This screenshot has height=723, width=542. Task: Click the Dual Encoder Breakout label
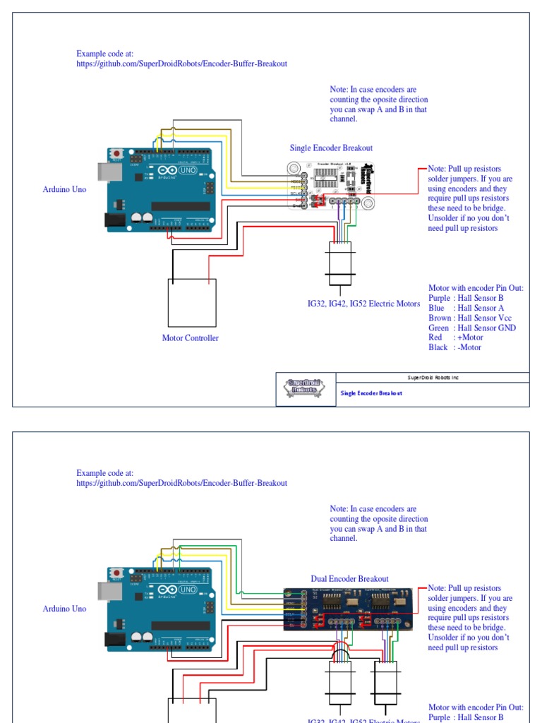coord(349,579)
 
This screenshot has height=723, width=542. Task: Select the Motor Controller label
coord(190,338)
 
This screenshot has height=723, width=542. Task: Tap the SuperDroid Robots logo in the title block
coord(306,389)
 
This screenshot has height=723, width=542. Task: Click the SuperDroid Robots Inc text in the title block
coord(433,378)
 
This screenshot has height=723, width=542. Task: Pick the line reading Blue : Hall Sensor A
coord(466,308)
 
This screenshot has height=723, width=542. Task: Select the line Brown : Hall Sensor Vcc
coord(469,318)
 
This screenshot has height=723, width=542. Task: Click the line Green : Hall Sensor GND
coord(471,328)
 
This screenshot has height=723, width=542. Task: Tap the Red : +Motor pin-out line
coord(455,337)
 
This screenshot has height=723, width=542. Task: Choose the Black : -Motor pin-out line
coord(454,347)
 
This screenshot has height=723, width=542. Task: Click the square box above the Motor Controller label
coord(191,303)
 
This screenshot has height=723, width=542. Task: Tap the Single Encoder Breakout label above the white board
coord(331,148)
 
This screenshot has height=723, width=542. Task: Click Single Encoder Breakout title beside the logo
coord(371,393)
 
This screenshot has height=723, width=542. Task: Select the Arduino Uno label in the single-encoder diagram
coord(64,189)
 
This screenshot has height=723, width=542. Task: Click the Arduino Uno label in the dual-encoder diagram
coord(64,609)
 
